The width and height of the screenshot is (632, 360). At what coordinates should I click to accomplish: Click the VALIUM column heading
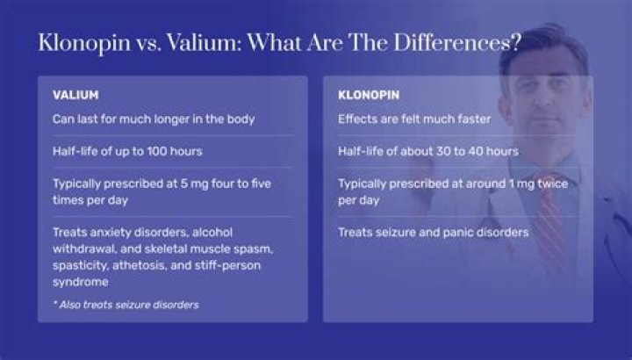(75, 94)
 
